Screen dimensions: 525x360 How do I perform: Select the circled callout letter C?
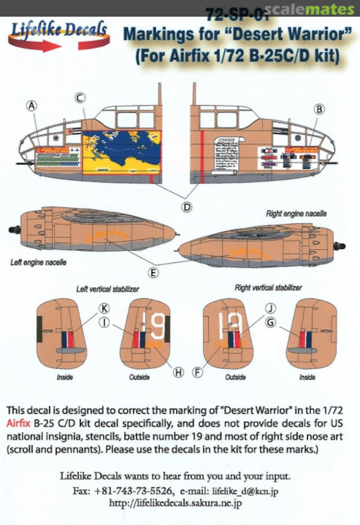79,97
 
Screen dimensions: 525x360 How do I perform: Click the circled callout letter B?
319,109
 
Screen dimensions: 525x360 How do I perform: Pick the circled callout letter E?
154,273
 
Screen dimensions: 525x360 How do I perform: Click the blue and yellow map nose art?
122,152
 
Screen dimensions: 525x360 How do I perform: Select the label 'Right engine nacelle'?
296,214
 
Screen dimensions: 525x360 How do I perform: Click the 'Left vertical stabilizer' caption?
108,289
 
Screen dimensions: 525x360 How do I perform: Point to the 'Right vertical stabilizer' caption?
268,288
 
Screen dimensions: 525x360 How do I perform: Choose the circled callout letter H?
178,372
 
